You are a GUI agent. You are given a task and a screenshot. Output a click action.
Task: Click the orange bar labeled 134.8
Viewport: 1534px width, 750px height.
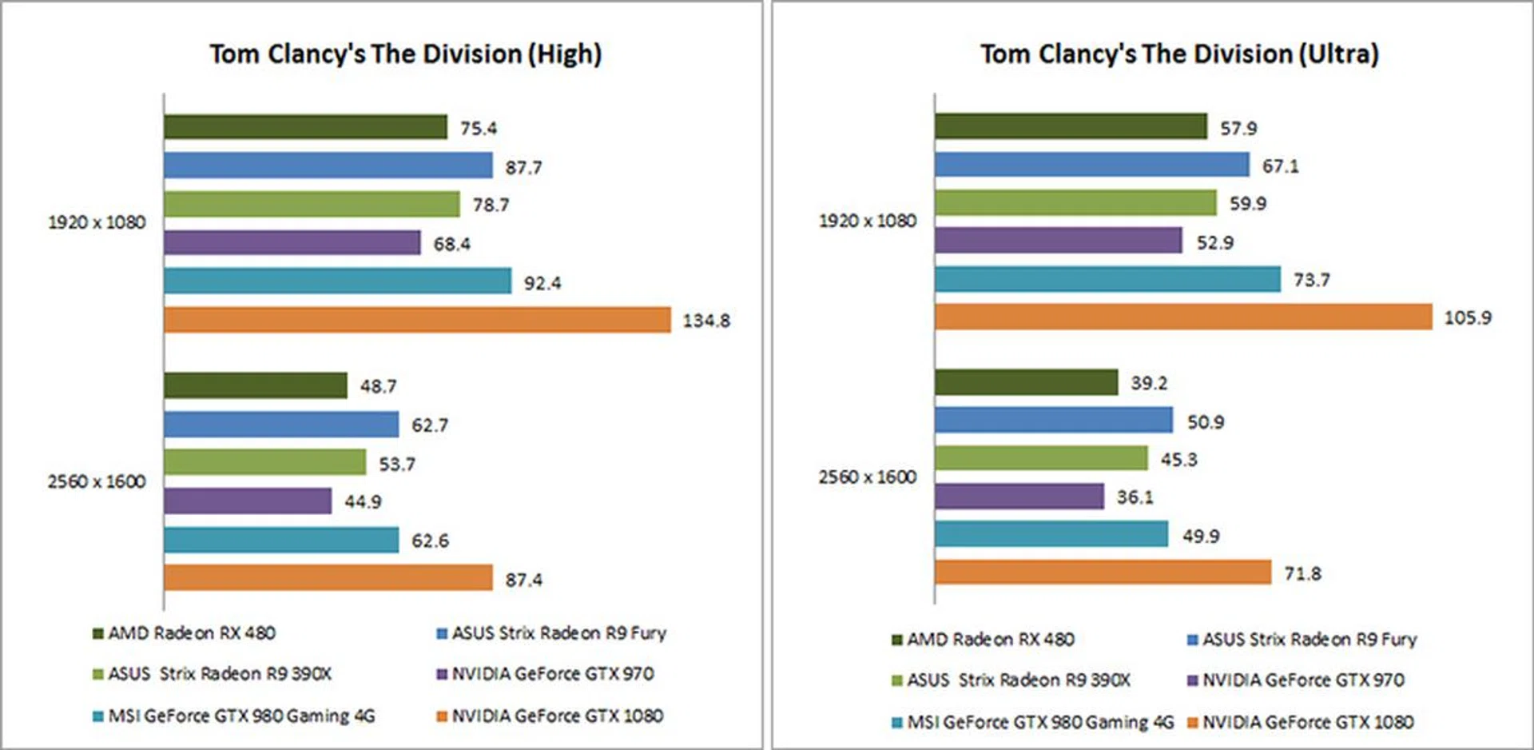417,320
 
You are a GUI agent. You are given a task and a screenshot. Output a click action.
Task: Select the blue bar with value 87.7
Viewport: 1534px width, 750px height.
328,166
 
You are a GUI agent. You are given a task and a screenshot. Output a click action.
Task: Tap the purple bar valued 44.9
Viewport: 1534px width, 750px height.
248,501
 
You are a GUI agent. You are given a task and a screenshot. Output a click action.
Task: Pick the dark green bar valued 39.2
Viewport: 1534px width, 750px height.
1026,382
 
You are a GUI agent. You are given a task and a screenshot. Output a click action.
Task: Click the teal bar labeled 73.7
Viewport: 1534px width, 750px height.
1107,279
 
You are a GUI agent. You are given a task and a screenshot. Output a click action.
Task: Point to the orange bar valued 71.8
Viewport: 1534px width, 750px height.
1103,572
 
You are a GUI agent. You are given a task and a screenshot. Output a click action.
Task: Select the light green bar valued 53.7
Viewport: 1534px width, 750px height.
265,462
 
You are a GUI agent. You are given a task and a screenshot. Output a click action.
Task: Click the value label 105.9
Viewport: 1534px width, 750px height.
1467,318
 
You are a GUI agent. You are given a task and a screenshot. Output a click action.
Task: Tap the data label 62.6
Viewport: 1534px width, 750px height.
430,541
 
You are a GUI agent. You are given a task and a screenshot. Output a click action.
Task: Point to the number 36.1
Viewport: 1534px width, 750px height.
1135,497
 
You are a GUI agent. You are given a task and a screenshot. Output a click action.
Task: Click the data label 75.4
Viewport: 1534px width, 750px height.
478,128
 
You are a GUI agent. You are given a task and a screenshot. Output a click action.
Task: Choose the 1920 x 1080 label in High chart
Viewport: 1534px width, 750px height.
97,222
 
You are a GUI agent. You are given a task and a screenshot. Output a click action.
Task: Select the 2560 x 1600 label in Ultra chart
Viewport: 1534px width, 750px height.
867,477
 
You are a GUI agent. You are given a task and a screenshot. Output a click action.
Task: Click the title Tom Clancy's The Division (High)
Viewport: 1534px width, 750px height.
406,54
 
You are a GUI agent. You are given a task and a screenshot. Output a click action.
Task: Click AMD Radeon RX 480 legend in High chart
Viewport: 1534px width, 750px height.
192,633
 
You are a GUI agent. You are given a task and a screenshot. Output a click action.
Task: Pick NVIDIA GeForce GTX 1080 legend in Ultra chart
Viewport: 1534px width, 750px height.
1308,722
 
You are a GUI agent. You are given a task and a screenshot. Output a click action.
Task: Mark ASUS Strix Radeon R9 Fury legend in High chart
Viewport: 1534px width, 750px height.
558,633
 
